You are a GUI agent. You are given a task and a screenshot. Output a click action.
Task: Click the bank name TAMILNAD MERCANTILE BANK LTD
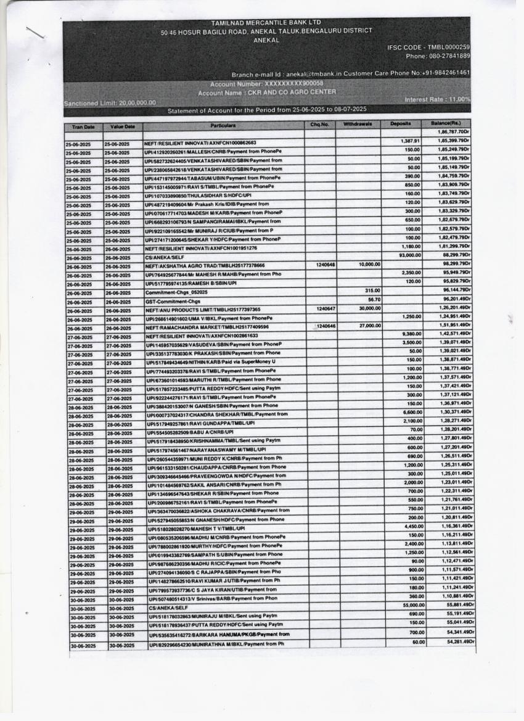click(266, 23)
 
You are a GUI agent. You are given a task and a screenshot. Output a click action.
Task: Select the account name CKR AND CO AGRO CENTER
click(267, 93)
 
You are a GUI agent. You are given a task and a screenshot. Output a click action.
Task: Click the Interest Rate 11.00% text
click(438, 99)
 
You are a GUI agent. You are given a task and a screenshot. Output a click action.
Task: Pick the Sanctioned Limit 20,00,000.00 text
click(110, 103)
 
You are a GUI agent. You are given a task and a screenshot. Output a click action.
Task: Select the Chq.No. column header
click(320, 125)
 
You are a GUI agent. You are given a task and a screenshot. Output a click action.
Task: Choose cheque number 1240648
click(325, 264)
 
